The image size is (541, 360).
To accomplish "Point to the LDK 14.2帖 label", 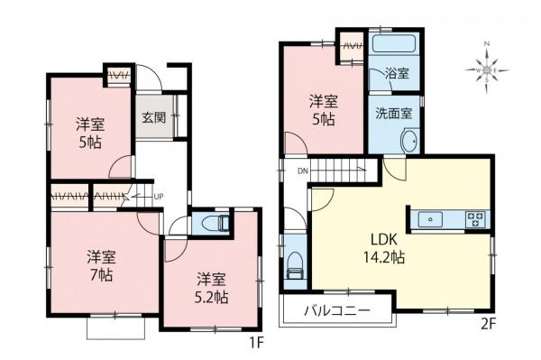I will [386, 248].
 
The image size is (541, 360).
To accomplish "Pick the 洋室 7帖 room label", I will [99, 263].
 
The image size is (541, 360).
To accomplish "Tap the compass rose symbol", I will [488, 69].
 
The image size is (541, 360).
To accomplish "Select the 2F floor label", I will [486, 342].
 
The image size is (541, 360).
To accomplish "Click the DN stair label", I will [302, 169].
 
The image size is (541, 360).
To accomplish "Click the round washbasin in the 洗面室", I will [408, 141].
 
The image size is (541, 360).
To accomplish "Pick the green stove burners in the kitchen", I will [475, 218].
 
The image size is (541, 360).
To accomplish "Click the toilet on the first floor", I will [214, 222].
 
